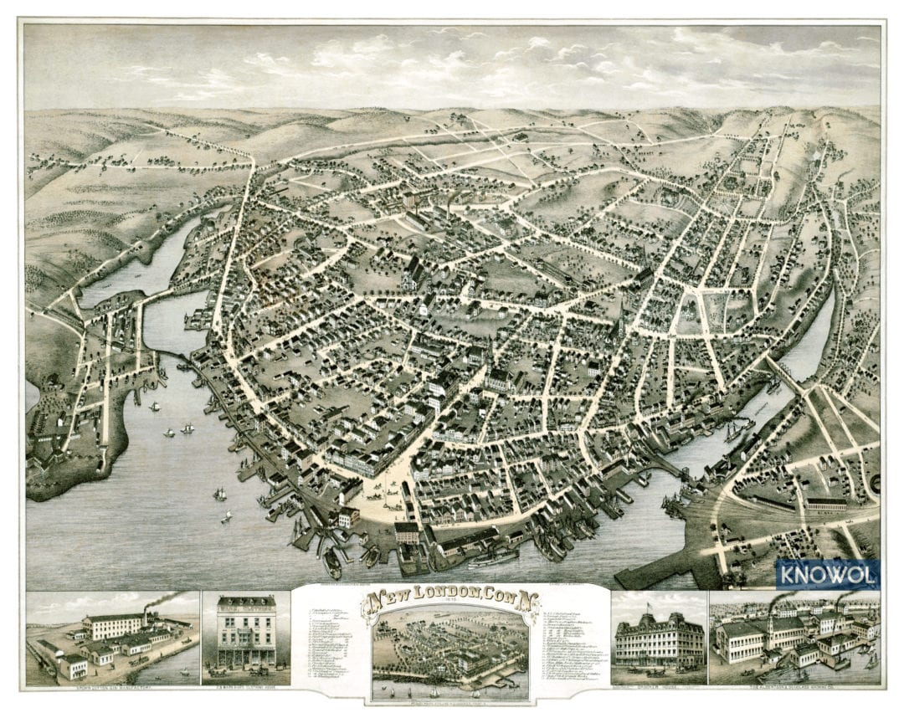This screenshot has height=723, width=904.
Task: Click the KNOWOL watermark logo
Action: (x=827, y=574)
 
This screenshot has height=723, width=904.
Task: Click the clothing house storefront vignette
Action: (x=246, y=634)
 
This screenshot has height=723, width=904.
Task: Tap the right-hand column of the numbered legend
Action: (x=569, y=644)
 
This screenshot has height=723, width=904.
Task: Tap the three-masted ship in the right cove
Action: (x=737, y=432)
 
